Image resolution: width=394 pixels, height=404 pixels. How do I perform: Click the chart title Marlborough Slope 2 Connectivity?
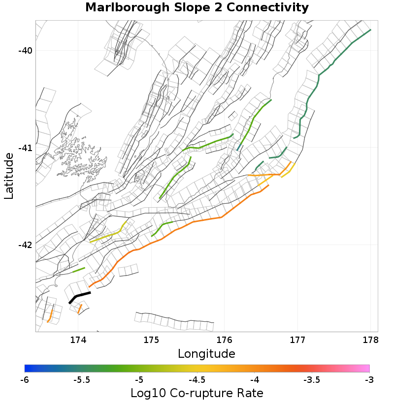pos(197,8)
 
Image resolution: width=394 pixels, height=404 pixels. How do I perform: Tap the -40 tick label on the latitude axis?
pos(26,51)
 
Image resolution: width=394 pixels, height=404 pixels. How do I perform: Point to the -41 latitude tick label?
pos(26,148)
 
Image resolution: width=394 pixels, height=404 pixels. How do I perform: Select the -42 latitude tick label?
pos(26,245)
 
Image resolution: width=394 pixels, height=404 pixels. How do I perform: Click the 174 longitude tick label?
pos(78,340)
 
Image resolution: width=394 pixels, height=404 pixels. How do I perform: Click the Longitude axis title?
pos(206,353)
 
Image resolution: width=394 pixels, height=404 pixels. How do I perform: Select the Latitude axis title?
pos(9,176)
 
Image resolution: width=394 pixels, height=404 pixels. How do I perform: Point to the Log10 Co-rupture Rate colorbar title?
pos(197,393)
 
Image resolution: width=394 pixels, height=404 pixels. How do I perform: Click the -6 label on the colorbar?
pos(25,380)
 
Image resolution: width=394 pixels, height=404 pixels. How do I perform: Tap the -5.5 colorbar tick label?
pos(82,380)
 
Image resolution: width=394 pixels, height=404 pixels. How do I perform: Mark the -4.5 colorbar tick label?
pos(197,380)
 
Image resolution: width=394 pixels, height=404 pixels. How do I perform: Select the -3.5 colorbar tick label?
pos(312,380)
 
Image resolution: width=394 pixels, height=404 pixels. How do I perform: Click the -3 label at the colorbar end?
pos(369,380)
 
